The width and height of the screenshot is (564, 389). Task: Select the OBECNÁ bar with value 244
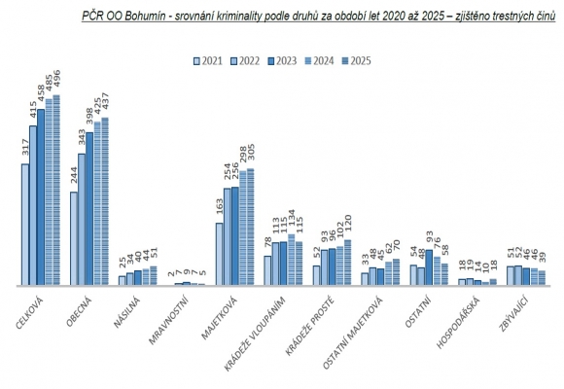[74, 238]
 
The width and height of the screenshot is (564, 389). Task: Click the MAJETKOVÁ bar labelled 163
[220, 255]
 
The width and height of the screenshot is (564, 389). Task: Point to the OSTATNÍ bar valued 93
[430, 268]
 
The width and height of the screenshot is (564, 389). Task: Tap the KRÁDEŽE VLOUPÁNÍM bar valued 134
[291, 261]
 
